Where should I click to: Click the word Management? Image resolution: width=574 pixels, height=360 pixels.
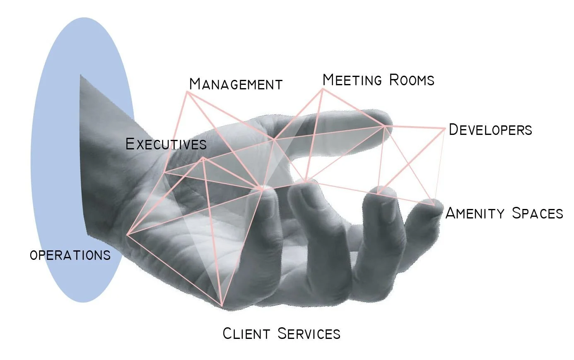pos(236,84)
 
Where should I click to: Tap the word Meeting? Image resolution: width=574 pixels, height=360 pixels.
pos(352,79)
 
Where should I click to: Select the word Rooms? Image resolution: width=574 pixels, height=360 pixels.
pos(412,79)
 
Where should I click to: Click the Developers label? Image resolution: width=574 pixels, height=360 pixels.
pos(490,130)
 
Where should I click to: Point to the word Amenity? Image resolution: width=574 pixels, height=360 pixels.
pos(475,213)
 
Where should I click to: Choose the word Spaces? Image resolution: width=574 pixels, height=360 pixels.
pos(537,213)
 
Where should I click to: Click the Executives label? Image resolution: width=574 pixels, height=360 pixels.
pos(166,144)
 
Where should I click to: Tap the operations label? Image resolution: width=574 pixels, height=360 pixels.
pos(70,255)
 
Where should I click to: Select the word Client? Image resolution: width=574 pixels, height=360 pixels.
pos(246,334)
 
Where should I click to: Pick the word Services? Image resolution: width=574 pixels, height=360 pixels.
pos(309,334)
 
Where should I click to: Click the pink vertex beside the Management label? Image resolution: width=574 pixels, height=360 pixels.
pos(188,92)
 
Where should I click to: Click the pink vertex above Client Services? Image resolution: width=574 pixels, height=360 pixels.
pos(222,307)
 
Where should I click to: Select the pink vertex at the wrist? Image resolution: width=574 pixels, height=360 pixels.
pos(128,235)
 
